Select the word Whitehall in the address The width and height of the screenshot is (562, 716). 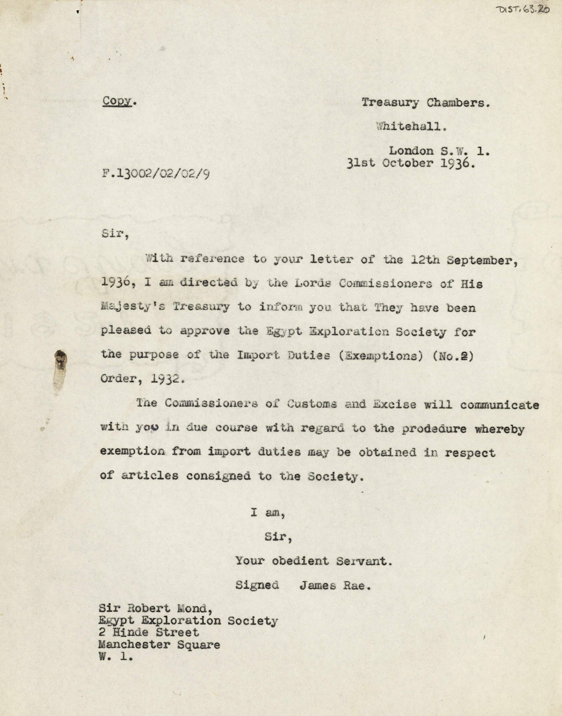pos(412,127)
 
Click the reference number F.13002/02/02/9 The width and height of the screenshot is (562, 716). pos(156,174)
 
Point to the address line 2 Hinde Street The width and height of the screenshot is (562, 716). pos(149,632)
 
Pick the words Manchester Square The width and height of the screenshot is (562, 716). pos(159,645)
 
